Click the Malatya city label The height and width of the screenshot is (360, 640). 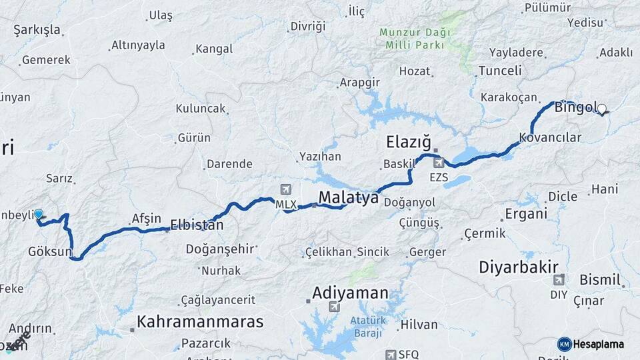click(349, 198)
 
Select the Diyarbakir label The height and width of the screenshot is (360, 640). click(519, 267)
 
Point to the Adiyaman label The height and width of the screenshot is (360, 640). click(351, 293)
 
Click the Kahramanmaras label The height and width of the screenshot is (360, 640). click(200, 322)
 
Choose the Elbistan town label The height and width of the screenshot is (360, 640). click(197, 225)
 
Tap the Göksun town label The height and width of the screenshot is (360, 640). click(50, 251)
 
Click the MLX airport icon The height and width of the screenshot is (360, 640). click(287, 189)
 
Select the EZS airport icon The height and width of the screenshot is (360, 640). click(439, 163)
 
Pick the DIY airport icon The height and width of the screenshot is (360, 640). click(559, 279)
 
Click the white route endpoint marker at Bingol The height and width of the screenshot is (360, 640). click(602, 109)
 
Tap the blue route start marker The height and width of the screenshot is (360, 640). click(39, 215)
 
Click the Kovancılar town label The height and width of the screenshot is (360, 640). click(550, 138)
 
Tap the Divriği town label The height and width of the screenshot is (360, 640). click(307, 27)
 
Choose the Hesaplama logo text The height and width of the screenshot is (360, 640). click(598, 344)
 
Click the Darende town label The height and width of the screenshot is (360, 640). click(229, 164)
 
